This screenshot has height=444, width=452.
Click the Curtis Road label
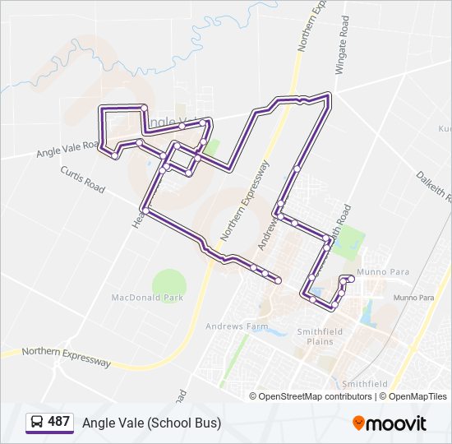tap(83, 178)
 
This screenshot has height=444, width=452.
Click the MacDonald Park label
tap(147, 298)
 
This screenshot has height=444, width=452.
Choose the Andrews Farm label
tap(237, 326)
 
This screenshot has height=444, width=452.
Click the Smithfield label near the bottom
tap(365, 384)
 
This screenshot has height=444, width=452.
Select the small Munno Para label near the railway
tap(414, 298)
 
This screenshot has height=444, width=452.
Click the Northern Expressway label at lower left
tap(67, 356)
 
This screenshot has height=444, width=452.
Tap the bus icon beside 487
tap(36, 423)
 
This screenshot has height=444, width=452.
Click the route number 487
tap(58, 422)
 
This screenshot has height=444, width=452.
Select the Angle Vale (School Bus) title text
tap(151, 423)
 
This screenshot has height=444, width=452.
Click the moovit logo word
tap(397, 423)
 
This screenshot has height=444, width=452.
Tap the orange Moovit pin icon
tap(359, 423)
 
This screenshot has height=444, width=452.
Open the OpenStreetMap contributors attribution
tap(316, 396)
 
